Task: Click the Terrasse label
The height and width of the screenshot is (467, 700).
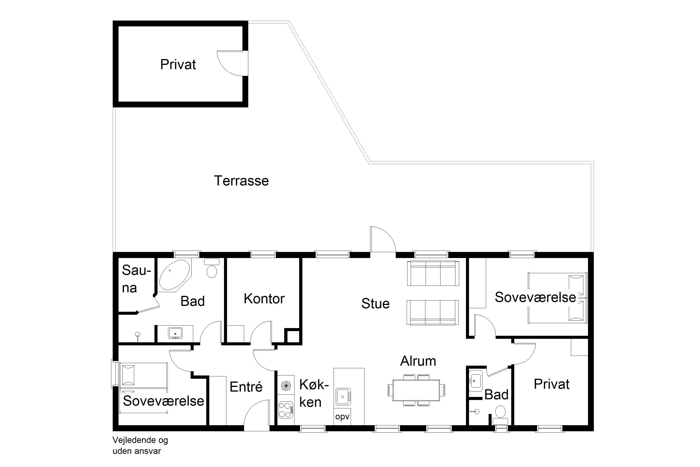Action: pos(241,181)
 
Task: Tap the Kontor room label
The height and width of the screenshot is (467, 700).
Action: pos(264,299)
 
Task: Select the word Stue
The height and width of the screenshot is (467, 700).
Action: pos(375,304)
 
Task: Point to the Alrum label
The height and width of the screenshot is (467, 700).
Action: pos(418,361)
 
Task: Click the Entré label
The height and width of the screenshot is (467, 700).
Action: pos(246,387)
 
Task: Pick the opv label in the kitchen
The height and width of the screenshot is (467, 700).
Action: pos(342,417)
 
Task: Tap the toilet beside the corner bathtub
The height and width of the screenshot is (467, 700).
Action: pos(212,268)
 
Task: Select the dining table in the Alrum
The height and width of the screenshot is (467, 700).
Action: pos(416,390)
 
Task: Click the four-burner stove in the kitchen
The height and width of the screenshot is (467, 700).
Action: pos(286,410)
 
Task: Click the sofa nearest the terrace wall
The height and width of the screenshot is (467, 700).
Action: pos(433,273)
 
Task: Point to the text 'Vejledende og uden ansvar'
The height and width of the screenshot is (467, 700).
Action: pos(140,445)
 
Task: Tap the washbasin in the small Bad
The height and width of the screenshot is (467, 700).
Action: pos(476,381)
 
